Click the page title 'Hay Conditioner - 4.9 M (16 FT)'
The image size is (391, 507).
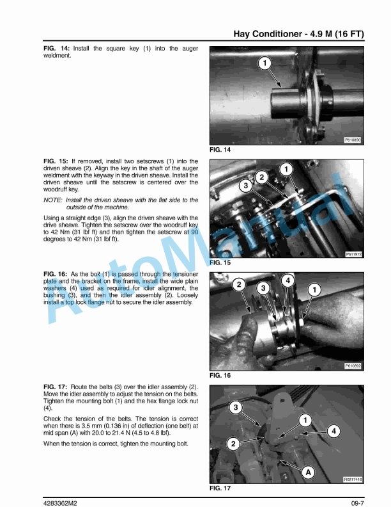click(299, 34)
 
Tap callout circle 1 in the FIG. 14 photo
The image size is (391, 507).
click(265, 63)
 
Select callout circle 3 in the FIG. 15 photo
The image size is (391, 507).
click(246, 186)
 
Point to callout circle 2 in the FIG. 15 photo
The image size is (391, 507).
click(262, 177)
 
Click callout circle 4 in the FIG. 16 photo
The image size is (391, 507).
click(287, 280)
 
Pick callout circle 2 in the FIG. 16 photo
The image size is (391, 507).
click(239, 284)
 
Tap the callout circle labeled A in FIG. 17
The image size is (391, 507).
click(308, 472)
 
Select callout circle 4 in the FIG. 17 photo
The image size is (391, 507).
click(333, 431)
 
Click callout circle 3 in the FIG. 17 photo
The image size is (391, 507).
click(236, 407)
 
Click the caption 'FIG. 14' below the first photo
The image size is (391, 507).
click(220, 150)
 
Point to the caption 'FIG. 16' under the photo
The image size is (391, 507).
click(220, 375)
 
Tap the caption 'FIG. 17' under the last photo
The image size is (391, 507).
click(220, 488)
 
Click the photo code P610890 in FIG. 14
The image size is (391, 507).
click(353, 140)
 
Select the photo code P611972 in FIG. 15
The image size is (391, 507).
click(353, 255)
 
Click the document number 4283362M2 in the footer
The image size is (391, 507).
click(60, 503)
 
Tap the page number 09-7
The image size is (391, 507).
click(358, 503)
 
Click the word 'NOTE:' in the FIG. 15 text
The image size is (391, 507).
click(52, 200)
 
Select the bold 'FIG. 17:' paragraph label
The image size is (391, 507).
click(55, 387)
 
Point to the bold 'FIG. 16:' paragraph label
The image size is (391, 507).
click(55, 274)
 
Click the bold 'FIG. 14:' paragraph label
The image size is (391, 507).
click(56, 49)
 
